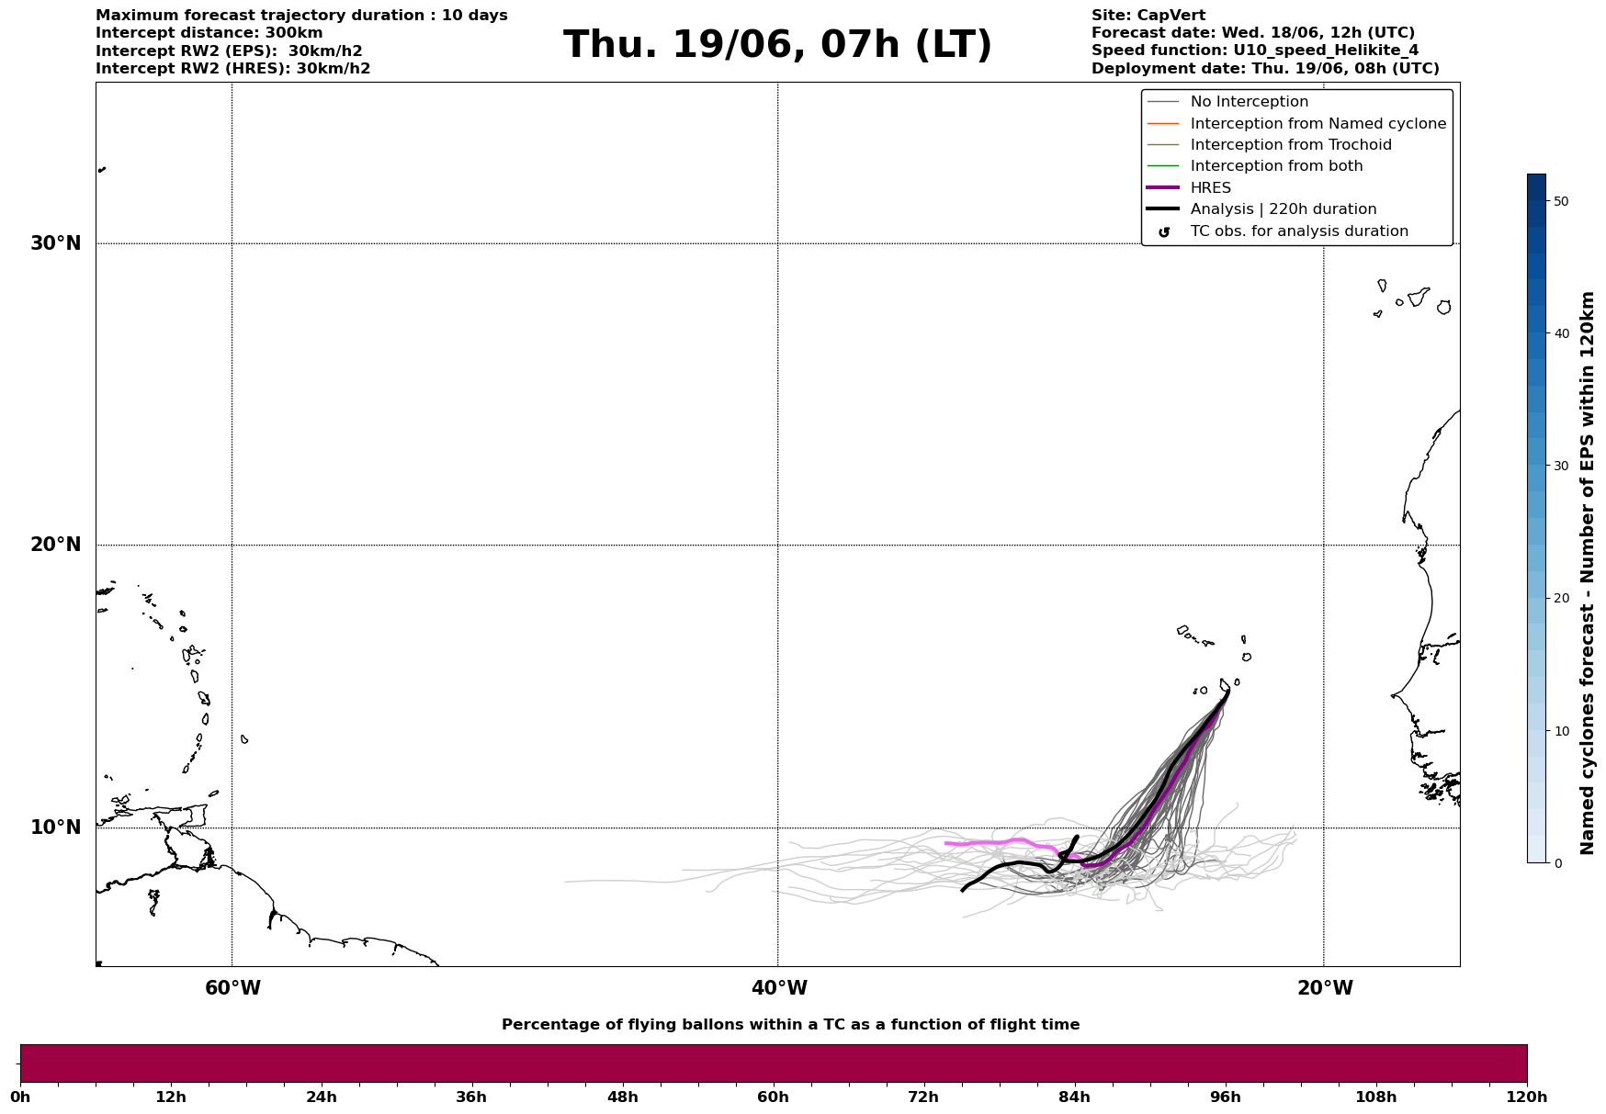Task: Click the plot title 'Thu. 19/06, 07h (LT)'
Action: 777,45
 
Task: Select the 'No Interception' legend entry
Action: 1249,102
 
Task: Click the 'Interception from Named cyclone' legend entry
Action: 1318,124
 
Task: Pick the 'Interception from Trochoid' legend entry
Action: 1290,145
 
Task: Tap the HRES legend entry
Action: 1210,188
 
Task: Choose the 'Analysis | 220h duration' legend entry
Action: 1283,209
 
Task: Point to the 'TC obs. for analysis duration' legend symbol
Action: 1164,232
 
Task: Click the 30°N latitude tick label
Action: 56,243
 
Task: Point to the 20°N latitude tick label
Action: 56,545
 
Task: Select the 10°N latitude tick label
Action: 56,827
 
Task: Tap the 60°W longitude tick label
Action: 232,988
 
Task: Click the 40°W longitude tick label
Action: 779,988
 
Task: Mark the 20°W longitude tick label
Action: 1325,988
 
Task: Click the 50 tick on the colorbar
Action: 1560,201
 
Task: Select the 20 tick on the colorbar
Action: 1560,599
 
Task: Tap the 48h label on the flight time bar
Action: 622,1097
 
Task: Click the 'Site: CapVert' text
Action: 1148,16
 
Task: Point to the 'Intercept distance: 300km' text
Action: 209,33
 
